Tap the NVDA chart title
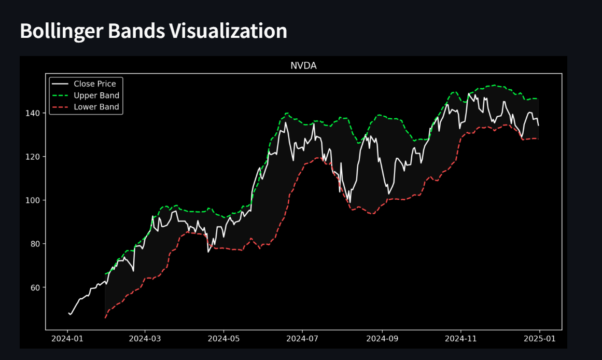click(x=303, y=66)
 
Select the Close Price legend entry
click(x=94, y=84)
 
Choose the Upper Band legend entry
click(x=96, y=95)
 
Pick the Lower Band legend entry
click(x=96, y=107)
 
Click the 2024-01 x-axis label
click(x=67, y=339)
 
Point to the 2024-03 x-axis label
click(x=145, y=339)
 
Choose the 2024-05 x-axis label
click(x=224, y=339)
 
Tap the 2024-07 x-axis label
click(x=302, y=339)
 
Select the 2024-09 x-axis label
click(x=382, y=339)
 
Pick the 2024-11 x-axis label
click(x=461, y=339)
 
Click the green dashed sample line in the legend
click(x=61, y=95)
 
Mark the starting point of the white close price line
click(x=68, y=313)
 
